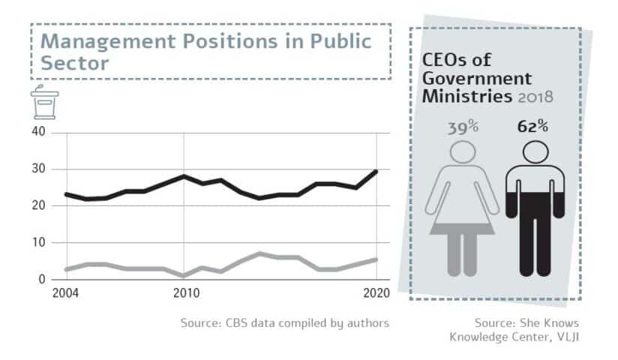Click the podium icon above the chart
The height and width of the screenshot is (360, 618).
click(x=43, y=103)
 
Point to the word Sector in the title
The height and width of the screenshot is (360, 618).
click(x=74, y=62)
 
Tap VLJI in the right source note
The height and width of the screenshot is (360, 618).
click(x=565, y=336)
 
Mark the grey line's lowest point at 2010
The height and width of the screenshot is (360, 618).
click(x=184, y=276)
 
